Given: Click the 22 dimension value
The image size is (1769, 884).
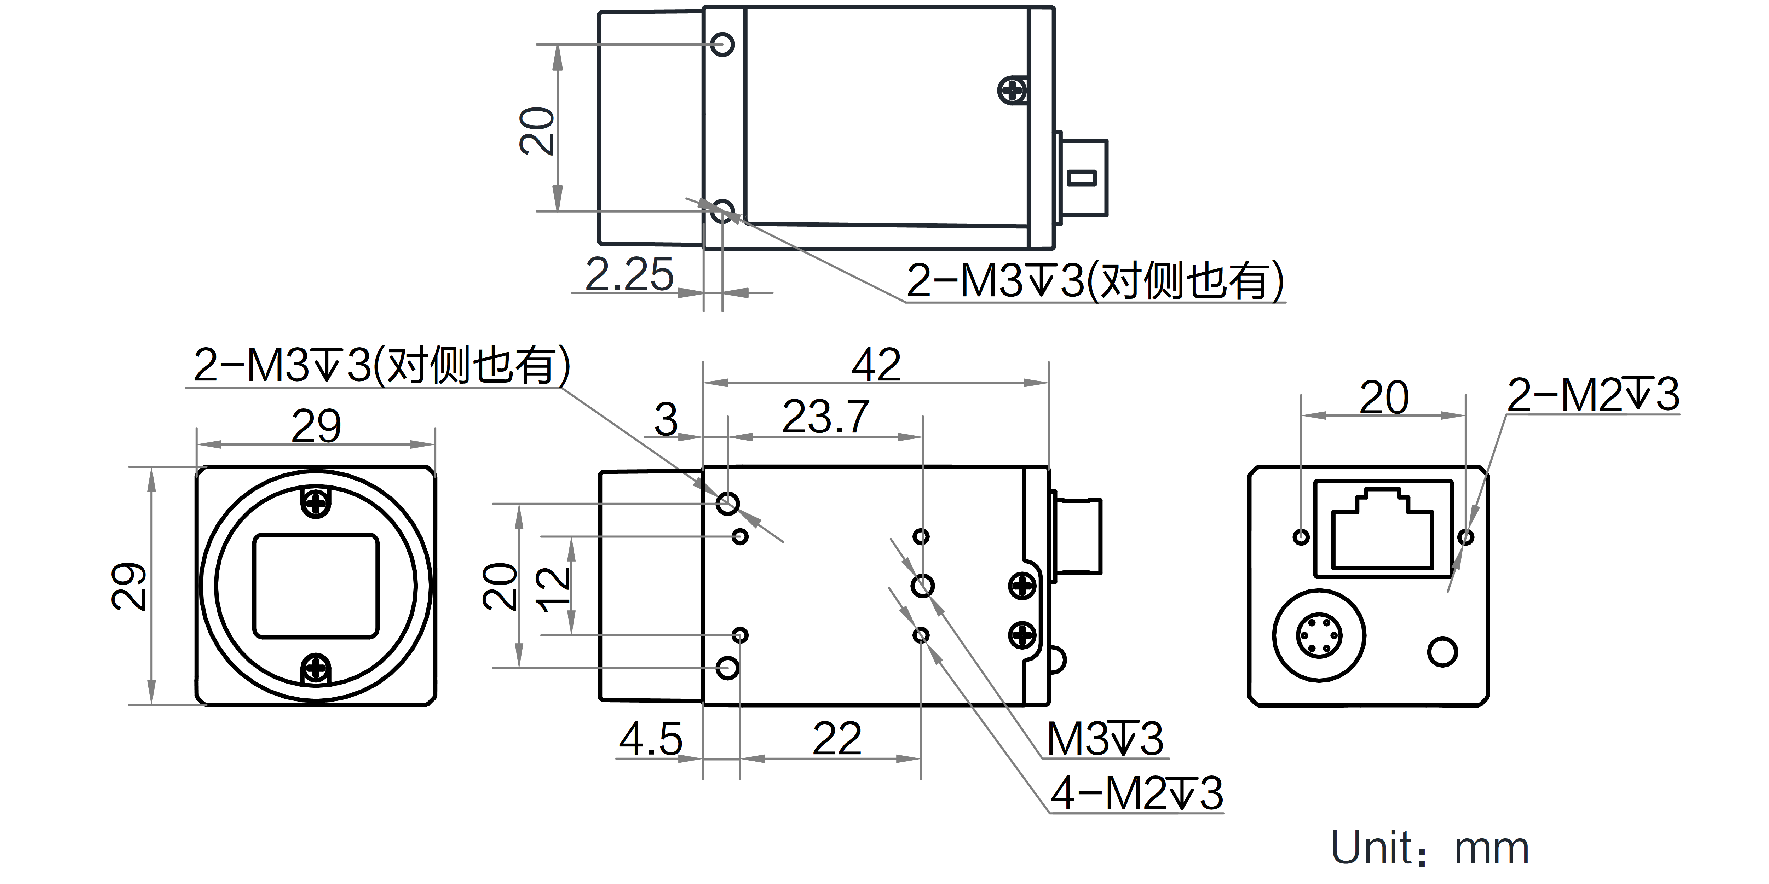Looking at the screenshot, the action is pyautogui.click(x=836, y=739).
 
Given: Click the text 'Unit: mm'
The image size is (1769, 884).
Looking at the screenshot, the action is pyautogui.click(x=1430, y=848).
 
